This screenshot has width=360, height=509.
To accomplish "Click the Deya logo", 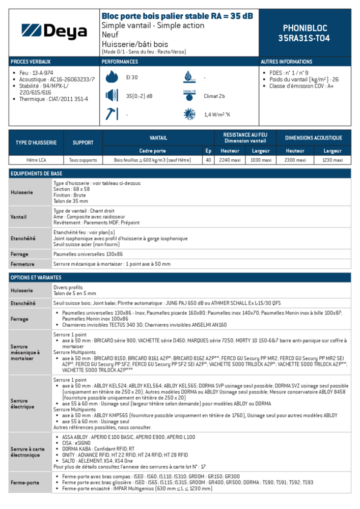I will click(54, 32).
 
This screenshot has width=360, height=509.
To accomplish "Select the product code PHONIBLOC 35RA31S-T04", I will click(304, 33).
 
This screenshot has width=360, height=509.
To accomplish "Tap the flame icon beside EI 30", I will click(111, 77).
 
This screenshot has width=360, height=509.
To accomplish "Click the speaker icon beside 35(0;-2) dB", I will click(111, 96).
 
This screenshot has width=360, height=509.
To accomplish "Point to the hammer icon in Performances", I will click(111, 114).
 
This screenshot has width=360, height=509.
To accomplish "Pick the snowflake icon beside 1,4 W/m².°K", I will click(189, 114).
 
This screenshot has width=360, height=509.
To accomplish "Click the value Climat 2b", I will click(214, 96).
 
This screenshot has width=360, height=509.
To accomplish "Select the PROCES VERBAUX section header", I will click(30, 62).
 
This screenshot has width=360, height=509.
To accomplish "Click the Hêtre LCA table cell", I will click(36, 160).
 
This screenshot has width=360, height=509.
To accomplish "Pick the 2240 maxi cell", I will click(230, 160).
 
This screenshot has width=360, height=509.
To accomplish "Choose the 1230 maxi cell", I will click(332, 160).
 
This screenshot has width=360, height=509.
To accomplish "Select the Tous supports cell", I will click(83, 160).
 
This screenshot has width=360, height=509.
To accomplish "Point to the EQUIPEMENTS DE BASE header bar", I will click(180, 174).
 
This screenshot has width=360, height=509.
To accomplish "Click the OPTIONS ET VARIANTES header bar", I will click(180, 277).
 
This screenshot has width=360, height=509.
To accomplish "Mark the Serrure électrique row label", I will click(22, 404).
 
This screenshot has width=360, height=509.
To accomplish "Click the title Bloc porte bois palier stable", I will click(177, 16).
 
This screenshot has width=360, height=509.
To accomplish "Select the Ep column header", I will click(208, 151).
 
